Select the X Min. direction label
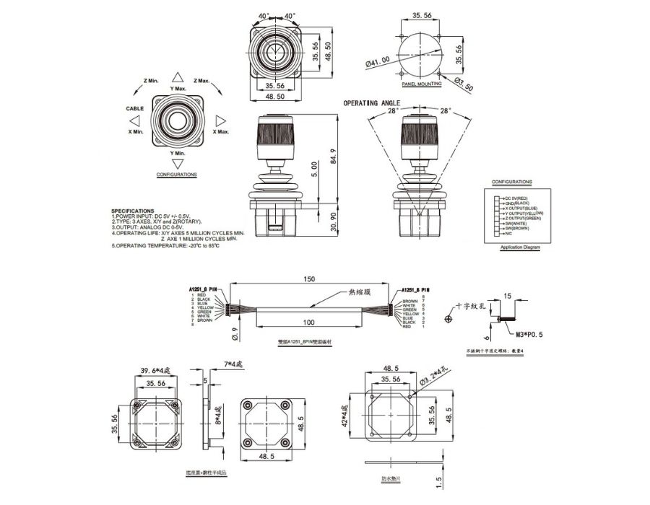pos(136,132)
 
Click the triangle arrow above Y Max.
pos(178,76)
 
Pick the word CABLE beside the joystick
pos(135,108)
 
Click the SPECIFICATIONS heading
pos(134,211)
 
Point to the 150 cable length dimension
pos(310,278)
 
